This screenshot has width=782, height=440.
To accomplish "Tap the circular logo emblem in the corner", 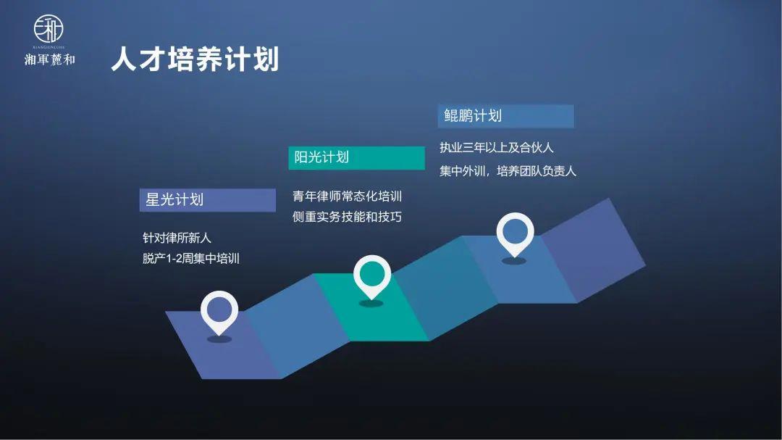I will click(49, 29).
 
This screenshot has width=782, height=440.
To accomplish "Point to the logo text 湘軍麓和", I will click(49, 59).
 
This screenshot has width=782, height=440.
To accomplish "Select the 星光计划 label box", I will click(207, 200).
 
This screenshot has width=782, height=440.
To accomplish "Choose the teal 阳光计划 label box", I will click(356, 157).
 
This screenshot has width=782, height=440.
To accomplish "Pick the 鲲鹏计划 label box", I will click(505, 116).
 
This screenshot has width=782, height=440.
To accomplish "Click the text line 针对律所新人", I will click(177, 238).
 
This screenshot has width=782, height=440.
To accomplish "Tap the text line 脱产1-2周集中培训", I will click(191, 258).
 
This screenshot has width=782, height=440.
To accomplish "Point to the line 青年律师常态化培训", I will click(348, 196).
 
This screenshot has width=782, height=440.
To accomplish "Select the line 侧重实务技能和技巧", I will click(348, 217).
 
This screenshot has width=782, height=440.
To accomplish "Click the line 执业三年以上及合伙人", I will click(497, 148).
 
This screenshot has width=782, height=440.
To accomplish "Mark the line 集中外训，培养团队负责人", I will click(508, 171).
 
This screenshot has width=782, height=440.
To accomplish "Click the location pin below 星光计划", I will click(219, 311).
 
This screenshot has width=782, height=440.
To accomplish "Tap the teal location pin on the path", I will click(371, 275).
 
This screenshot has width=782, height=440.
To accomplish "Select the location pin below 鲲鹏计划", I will click(514, 233).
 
